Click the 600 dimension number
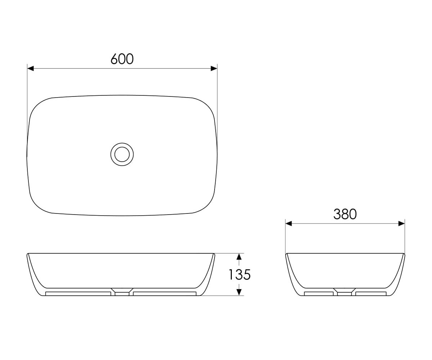pos(122,59)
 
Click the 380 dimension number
pos(345,214)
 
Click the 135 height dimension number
pos(240,275)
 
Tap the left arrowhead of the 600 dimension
pos(30,68)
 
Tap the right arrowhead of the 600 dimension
pos(214,68)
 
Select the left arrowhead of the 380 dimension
pos(289,224)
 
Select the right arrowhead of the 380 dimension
pos(402,224)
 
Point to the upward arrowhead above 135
pos(239,257)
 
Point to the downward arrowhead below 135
pos(239,292)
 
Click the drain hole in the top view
pos(122,154)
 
